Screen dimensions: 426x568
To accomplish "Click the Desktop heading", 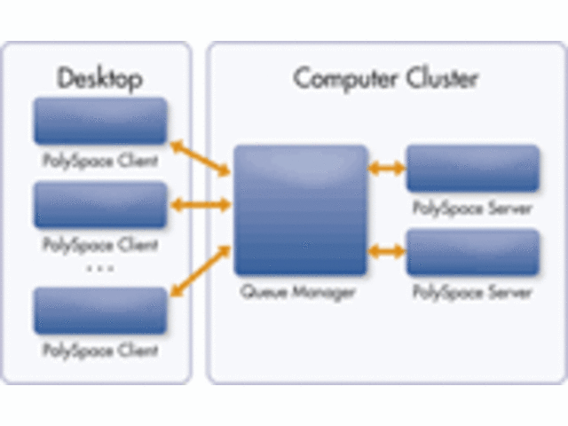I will click(x=99, y=79).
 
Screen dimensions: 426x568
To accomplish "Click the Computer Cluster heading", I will click(x=385, y=78).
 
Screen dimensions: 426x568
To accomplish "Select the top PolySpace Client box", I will click(x=100, y=121).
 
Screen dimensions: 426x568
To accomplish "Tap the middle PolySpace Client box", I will click(x=100, y=205).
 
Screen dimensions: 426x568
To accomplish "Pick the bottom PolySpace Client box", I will click(x=100, y=310).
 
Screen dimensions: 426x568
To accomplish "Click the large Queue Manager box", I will click(x=300, y=209).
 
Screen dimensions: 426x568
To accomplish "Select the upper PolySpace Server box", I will click(x=472, y=168).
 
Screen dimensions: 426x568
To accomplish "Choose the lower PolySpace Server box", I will click(x=472, y=251).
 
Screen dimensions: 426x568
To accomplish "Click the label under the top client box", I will click(x=99, y=162).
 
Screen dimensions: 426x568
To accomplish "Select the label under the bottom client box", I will click(x=99, y=351).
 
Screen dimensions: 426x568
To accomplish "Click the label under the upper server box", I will click(x=472, y=209).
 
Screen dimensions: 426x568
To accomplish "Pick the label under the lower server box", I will click(x=472, y=292).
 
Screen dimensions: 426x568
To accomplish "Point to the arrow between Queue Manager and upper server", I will click(x=386, y=168).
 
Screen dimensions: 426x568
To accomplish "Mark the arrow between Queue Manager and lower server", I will click(x=386, y=251).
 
